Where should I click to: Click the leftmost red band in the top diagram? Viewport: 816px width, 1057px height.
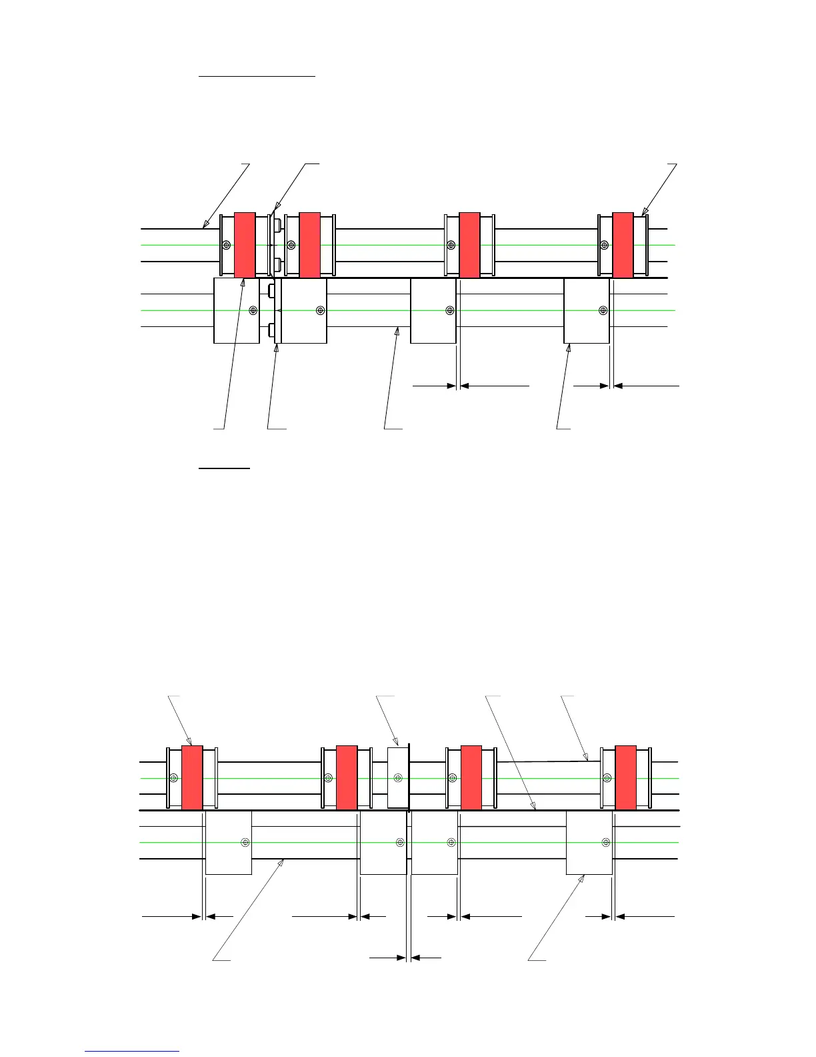coord(245,245)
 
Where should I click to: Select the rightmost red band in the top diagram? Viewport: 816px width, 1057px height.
coord(623,245)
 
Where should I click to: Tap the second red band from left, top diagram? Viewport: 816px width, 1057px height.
coord(310,245)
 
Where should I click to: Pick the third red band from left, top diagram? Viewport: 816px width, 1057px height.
coord(469,245)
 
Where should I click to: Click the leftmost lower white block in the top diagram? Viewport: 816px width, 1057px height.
coord(236,311)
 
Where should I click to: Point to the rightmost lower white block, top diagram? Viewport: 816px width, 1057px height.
coord(587,311)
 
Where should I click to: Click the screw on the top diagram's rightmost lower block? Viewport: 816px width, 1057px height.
coord(603,310)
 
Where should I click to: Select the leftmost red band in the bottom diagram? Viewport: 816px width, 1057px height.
coord(192,778)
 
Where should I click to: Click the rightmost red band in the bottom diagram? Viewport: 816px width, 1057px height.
coord(625,778)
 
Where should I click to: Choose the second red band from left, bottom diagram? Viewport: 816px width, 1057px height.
coord(347,778)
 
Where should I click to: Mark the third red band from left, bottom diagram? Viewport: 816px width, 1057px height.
coord(471,778)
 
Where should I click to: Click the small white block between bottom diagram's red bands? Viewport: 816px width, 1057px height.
coord(397,778)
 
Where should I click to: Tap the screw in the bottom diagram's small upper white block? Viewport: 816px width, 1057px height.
coord(398,778)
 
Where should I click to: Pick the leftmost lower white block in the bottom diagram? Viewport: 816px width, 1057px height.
coord(228,843)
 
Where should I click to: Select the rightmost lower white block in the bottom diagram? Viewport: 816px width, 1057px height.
coord(589,843)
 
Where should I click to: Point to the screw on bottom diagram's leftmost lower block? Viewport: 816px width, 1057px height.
coord(245,843)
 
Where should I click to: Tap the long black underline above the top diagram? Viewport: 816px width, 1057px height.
coord(257,77)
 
